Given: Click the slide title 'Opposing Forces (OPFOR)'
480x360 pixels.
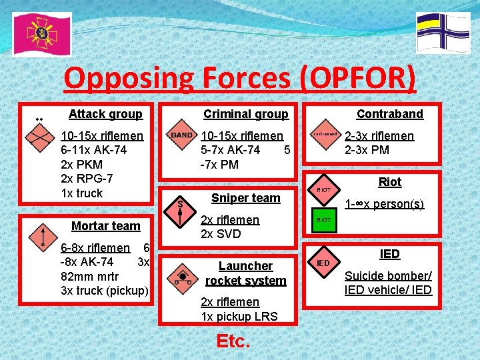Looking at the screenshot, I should click(240, 79).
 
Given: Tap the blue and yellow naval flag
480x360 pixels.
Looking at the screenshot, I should click(443, 32).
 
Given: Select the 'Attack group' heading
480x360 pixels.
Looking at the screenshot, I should click(105, 114).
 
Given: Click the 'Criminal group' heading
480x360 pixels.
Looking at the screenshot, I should click(245, 114).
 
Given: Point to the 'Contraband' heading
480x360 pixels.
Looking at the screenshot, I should click(389, 114).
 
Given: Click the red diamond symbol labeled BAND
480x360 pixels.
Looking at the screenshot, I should click(182, 135).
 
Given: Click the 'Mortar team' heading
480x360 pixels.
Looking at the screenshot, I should click(105, 226).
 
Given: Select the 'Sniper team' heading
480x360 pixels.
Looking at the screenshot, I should click(245, 198).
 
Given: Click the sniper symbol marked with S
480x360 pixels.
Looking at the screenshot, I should click(180, 208).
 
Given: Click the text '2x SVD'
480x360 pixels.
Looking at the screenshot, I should click(221, 234).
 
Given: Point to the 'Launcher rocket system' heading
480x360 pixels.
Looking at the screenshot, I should click(245, 273).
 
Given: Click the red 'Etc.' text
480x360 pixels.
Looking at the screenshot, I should click(233, 341).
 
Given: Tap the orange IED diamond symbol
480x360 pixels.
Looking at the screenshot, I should click(323, 263).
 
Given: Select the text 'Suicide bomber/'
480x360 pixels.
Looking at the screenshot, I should click(388, 276).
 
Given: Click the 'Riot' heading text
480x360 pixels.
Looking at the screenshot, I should click(389, 182).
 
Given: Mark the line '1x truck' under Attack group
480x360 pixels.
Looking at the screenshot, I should click(81, 193).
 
